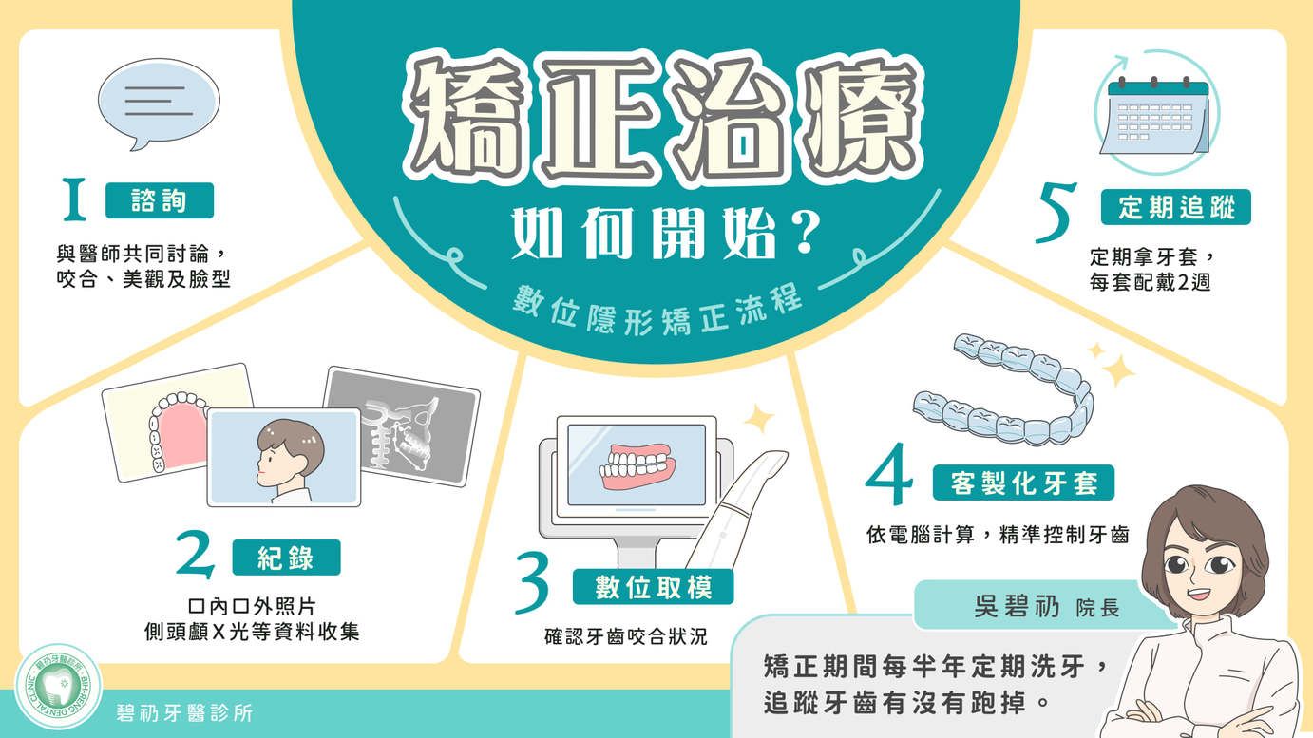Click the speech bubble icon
pyautogui.click(x=159, y=104)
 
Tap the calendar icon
pyautogui.click(x=1154, y=116)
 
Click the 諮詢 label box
pyautogui.click(x=160, y=200)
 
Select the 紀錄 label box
pyautogui.click(x=286, y=557)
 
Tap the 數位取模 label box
pyautogui.click(x=653, y=586)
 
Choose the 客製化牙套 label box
pyautogui.click(x=1023, y=483)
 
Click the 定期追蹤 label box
pyautogui.click(x=1176, y=207)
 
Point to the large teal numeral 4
pyautogui.click(x=890, y=474)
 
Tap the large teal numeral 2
pyautogui.click(x=195, y=554)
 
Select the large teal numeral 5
pyautogui.click(x=1056, y=213)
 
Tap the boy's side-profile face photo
pyautogui.click(x=284, y=457)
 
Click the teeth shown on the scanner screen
pyautogui.click(x=637, y=467)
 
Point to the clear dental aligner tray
pyautogui.click(x=1003, y=388)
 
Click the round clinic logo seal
pyautogui.click(x=58, y=687)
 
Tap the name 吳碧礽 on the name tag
pyautogui.click(x=1017, y=607)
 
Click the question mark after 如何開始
pyautogui.click(x=801, y=232)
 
